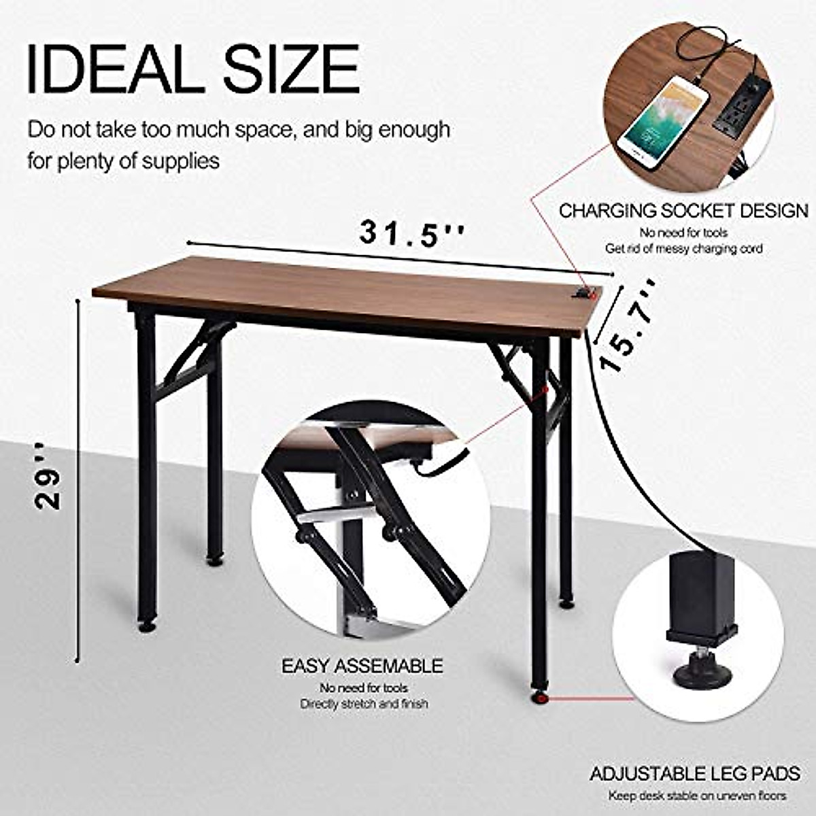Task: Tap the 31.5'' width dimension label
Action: [412, 233]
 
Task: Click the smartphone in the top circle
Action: [664, 122]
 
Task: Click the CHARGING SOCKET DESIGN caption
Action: [683, 211]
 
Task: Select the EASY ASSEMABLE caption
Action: [362, 666]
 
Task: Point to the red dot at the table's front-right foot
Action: [540, 697]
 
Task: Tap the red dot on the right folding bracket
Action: [546, 390]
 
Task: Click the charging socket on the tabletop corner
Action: [584, 293]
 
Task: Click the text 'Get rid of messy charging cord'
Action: [683, 249]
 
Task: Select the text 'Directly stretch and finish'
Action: [364, 704]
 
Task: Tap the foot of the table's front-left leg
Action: [146, 624]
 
